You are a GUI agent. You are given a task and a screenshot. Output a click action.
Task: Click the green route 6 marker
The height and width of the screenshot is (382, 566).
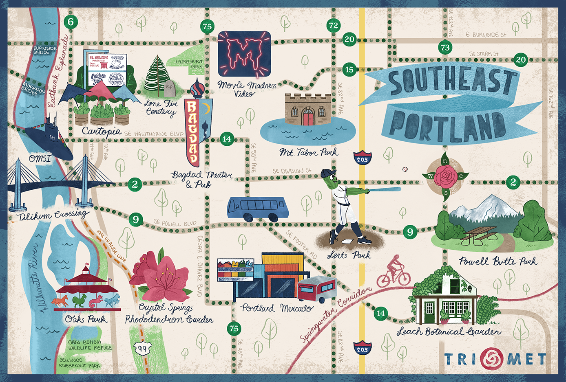pyautogui.click(x=71, y=22)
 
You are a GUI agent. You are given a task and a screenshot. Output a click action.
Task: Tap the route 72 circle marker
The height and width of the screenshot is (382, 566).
pyautogui.click(x=333, y=25)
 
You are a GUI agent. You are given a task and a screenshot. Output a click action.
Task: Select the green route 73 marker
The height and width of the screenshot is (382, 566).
pyautogui.click(x=445, y=48)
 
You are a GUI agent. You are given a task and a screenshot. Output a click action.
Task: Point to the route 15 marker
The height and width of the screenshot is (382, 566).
pyautogui.click(x=349, y=69)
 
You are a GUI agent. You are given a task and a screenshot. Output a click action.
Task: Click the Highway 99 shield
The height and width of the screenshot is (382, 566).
pyautogui.click(x=142, y=348)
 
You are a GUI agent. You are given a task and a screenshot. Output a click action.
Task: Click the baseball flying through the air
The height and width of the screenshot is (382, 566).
pyautogui.click(x=405, y=169)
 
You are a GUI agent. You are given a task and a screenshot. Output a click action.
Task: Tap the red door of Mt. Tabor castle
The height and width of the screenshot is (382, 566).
pyautogui.click(x=308, y=116)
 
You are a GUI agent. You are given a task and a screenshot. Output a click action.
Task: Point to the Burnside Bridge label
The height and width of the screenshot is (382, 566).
pyautogui.click(x=44, y=50)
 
